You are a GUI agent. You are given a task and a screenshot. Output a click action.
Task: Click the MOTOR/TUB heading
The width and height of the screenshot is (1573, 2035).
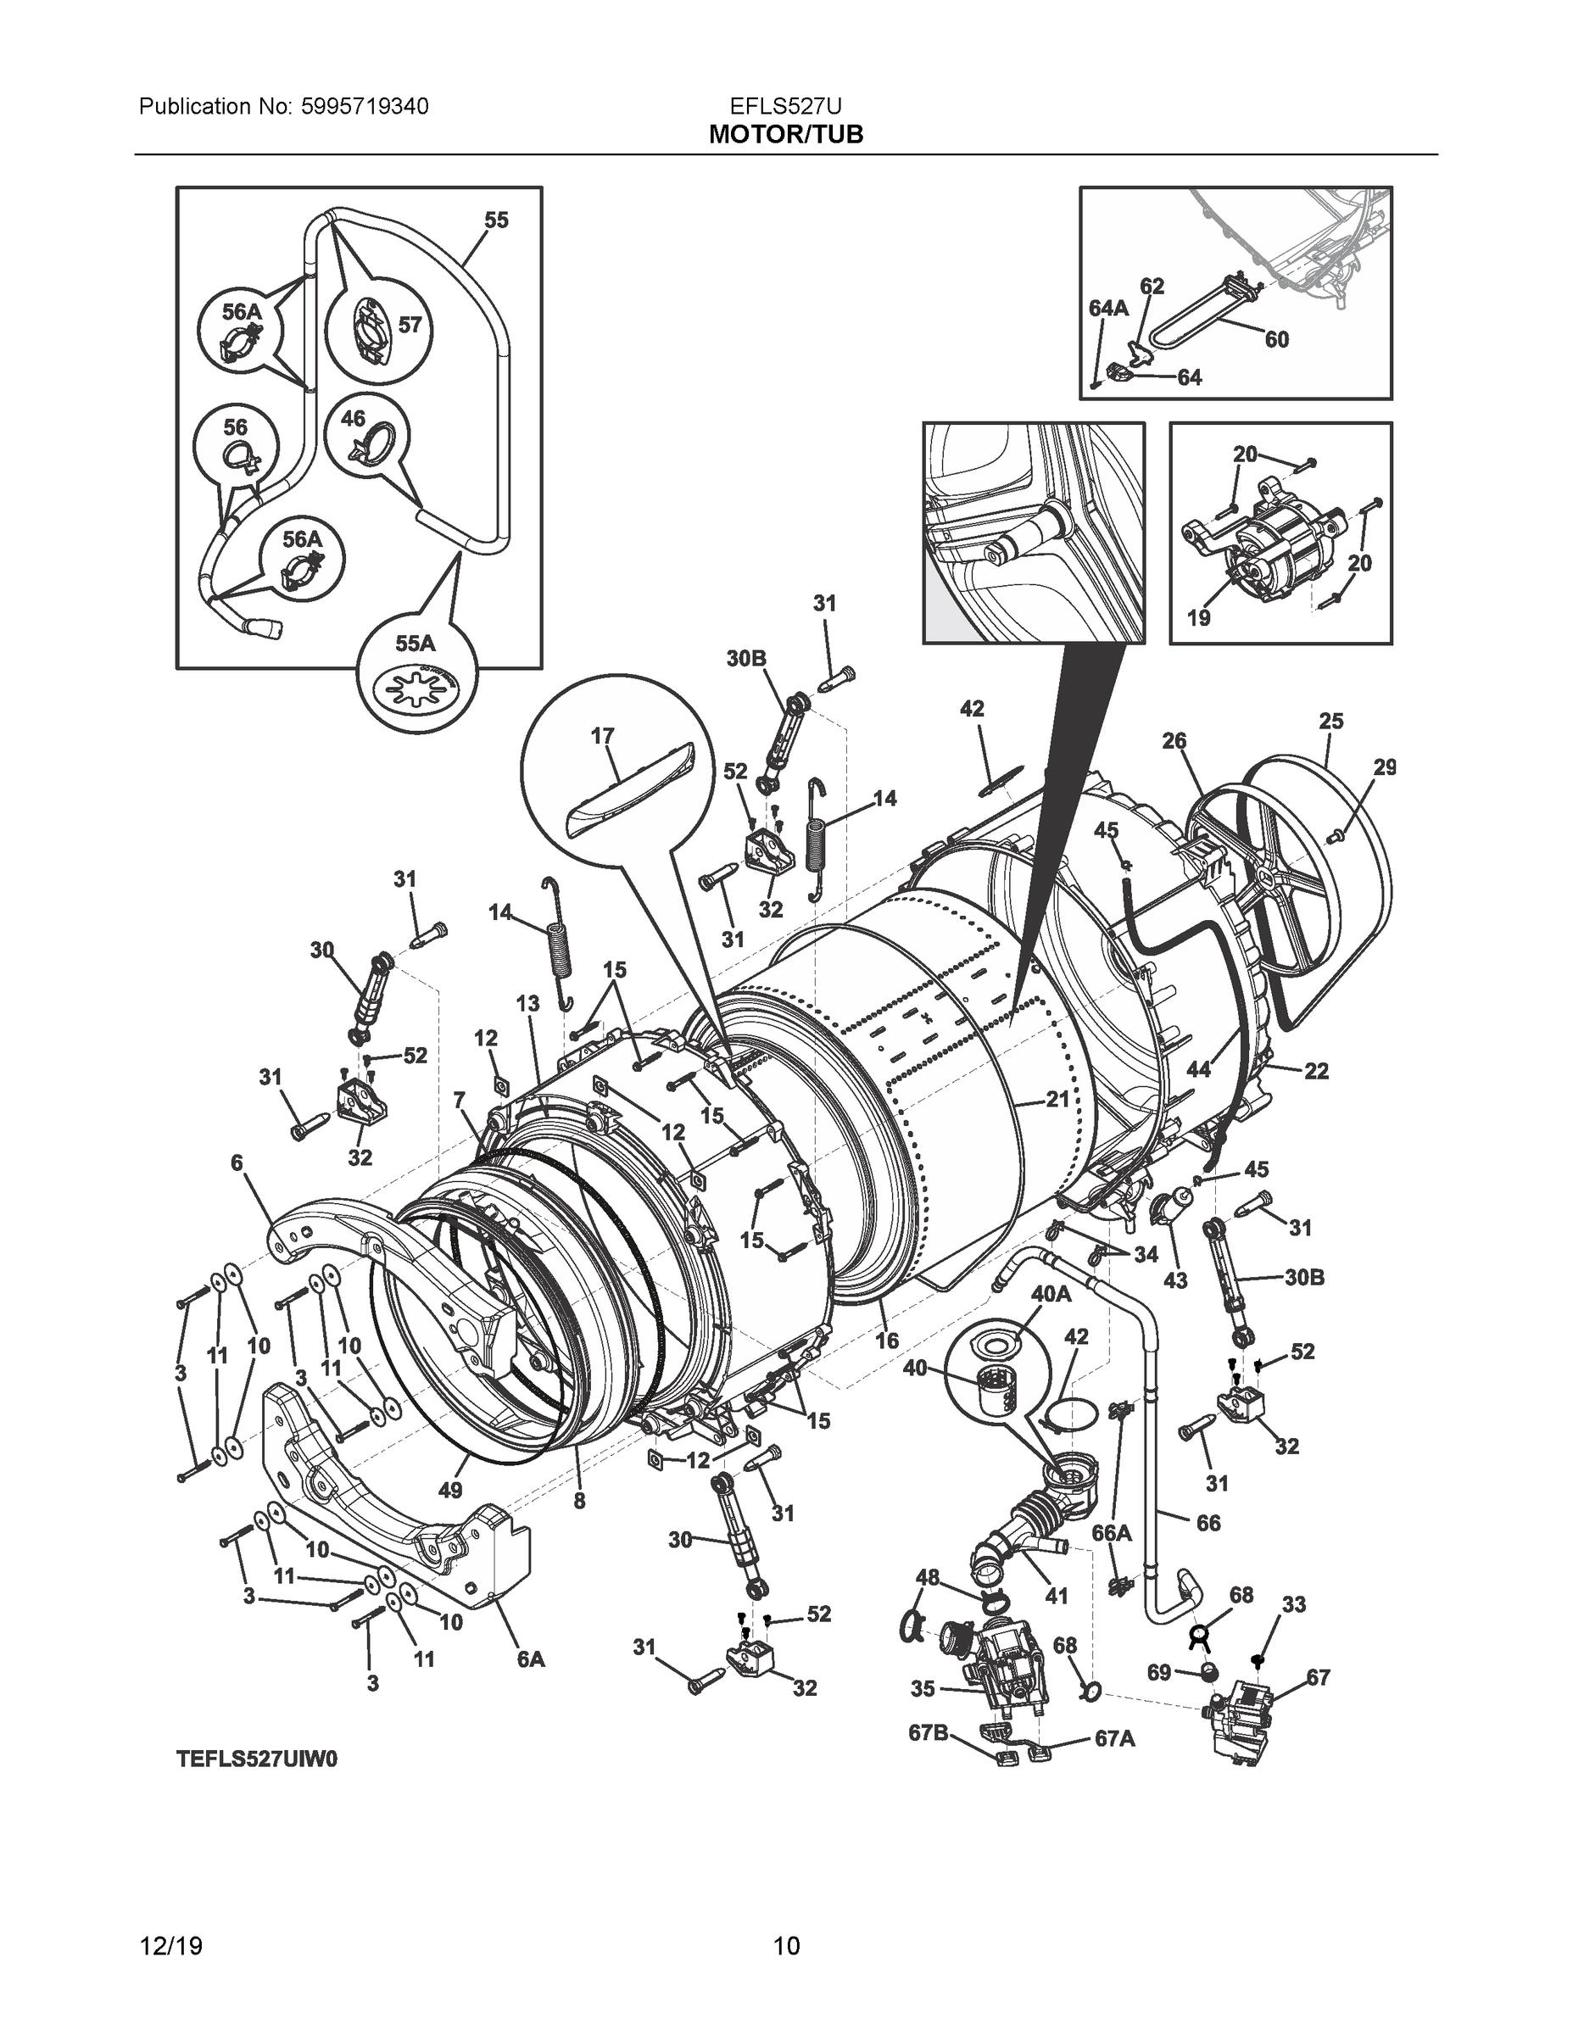[x=785, y=135]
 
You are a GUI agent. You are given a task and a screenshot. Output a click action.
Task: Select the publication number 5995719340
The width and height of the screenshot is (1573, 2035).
[x=365, y=106]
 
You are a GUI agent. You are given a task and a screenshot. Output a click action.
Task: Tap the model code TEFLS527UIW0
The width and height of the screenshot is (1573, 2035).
[x=256, y=1759]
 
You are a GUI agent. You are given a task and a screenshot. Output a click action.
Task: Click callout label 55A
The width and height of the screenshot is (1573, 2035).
[x=415, y=644]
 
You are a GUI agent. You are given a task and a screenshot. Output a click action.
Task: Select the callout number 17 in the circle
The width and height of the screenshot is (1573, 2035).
[x=602, y=736]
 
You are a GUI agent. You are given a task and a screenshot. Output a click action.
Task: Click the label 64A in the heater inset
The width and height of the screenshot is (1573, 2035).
[x=1108, y=308]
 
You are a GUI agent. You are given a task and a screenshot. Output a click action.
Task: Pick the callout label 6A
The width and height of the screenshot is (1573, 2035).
[x=530, y=1659]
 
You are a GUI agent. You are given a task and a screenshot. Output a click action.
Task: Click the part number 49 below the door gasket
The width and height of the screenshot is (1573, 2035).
[x=450, y=1490]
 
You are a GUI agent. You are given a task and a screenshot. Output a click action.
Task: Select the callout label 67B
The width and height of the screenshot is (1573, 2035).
[x=929, y=1733]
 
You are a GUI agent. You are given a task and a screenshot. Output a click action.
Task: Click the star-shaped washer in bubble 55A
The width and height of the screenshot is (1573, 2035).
[x=416, y=690]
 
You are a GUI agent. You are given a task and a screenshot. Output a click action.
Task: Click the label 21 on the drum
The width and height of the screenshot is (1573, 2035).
[x=1056, y=1100]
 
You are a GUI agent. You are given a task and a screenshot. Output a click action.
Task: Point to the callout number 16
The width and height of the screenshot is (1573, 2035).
[x=886, y=1340]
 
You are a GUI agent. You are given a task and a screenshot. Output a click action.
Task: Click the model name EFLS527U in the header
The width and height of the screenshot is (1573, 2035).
[x=785, y=106]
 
